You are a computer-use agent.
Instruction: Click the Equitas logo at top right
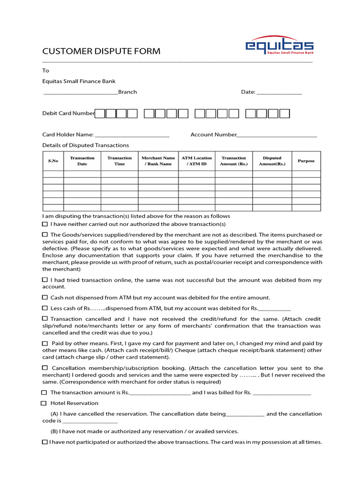pos(280,46)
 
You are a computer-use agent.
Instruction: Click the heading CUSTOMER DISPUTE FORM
pos(101,51)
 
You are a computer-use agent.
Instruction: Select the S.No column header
pos(53,161)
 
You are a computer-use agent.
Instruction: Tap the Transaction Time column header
pos(120,161)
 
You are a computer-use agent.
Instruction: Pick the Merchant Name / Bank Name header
pos(158,161)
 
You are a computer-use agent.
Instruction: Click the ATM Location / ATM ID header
pos(196,161)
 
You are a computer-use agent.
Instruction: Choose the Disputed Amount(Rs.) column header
pos(272,161)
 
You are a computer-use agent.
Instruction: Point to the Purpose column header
pos(306,161)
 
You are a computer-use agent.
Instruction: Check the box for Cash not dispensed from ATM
pos(45,298)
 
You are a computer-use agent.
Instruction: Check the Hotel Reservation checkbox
pos(44,403)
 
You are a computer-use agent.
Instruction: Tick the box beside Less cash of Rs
pos(45,308)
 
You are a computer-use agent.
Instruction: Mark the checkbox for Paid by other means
pos(45,344)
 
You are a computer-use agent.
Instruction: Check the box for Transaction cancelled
pos(45,319)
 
